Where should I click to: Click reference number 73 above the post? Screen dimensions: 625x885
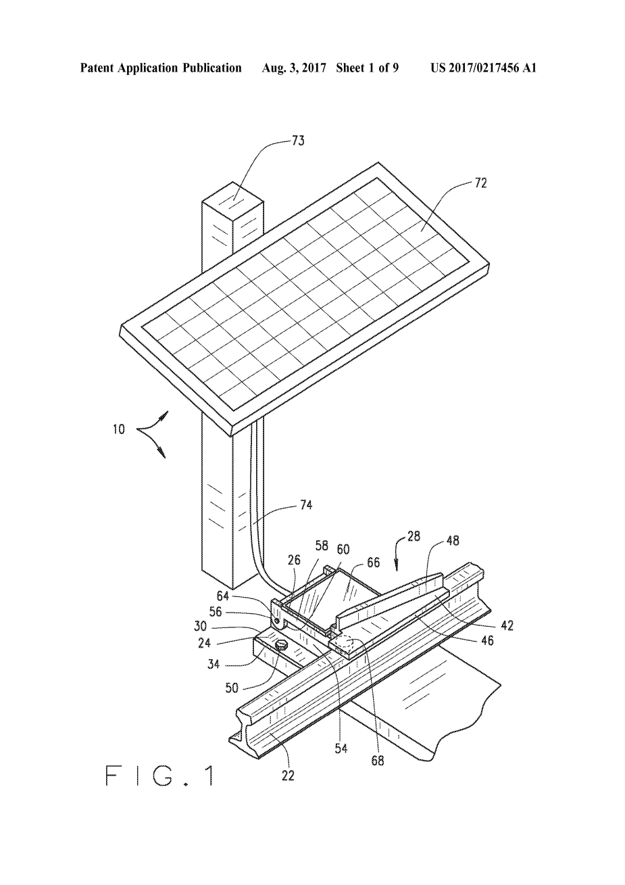tap(298, 141)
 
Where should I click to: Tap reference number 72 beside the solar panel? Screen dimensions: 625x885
tap(480, 183)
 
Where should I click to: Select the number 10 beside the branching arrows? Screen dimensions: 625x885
tap(119, 429)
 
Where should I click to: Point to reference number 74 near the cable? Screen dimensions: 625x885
tap(306, 505)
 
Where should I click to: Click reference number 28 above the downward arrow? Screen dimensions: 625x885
tap(413, 536)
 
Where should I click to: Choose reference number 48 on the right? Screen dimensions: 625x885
tap(453, 540)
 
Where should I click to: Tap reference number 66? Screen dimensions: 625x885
tap(373, 563)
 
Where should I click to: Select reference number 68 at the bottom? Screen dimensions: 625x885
tap(378, 760)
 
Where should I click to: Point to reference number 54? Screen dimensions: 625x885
tap(341, 748)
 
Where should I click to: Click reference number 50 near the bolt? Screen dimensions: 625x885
tap(232, 688)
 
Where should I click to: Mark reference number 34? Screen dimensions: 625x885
tap(214, 664)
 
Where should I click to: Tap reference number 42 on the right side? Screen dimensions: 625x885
tap(507, 625)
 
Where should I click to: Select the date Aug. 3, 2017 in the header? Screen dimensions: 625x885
tap(294, 68)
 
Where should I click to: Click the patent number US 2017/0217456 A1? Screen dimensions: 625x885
tap(484, 68)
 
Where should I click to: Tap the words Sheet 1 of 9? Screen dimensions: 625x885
tap(367, 68)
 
